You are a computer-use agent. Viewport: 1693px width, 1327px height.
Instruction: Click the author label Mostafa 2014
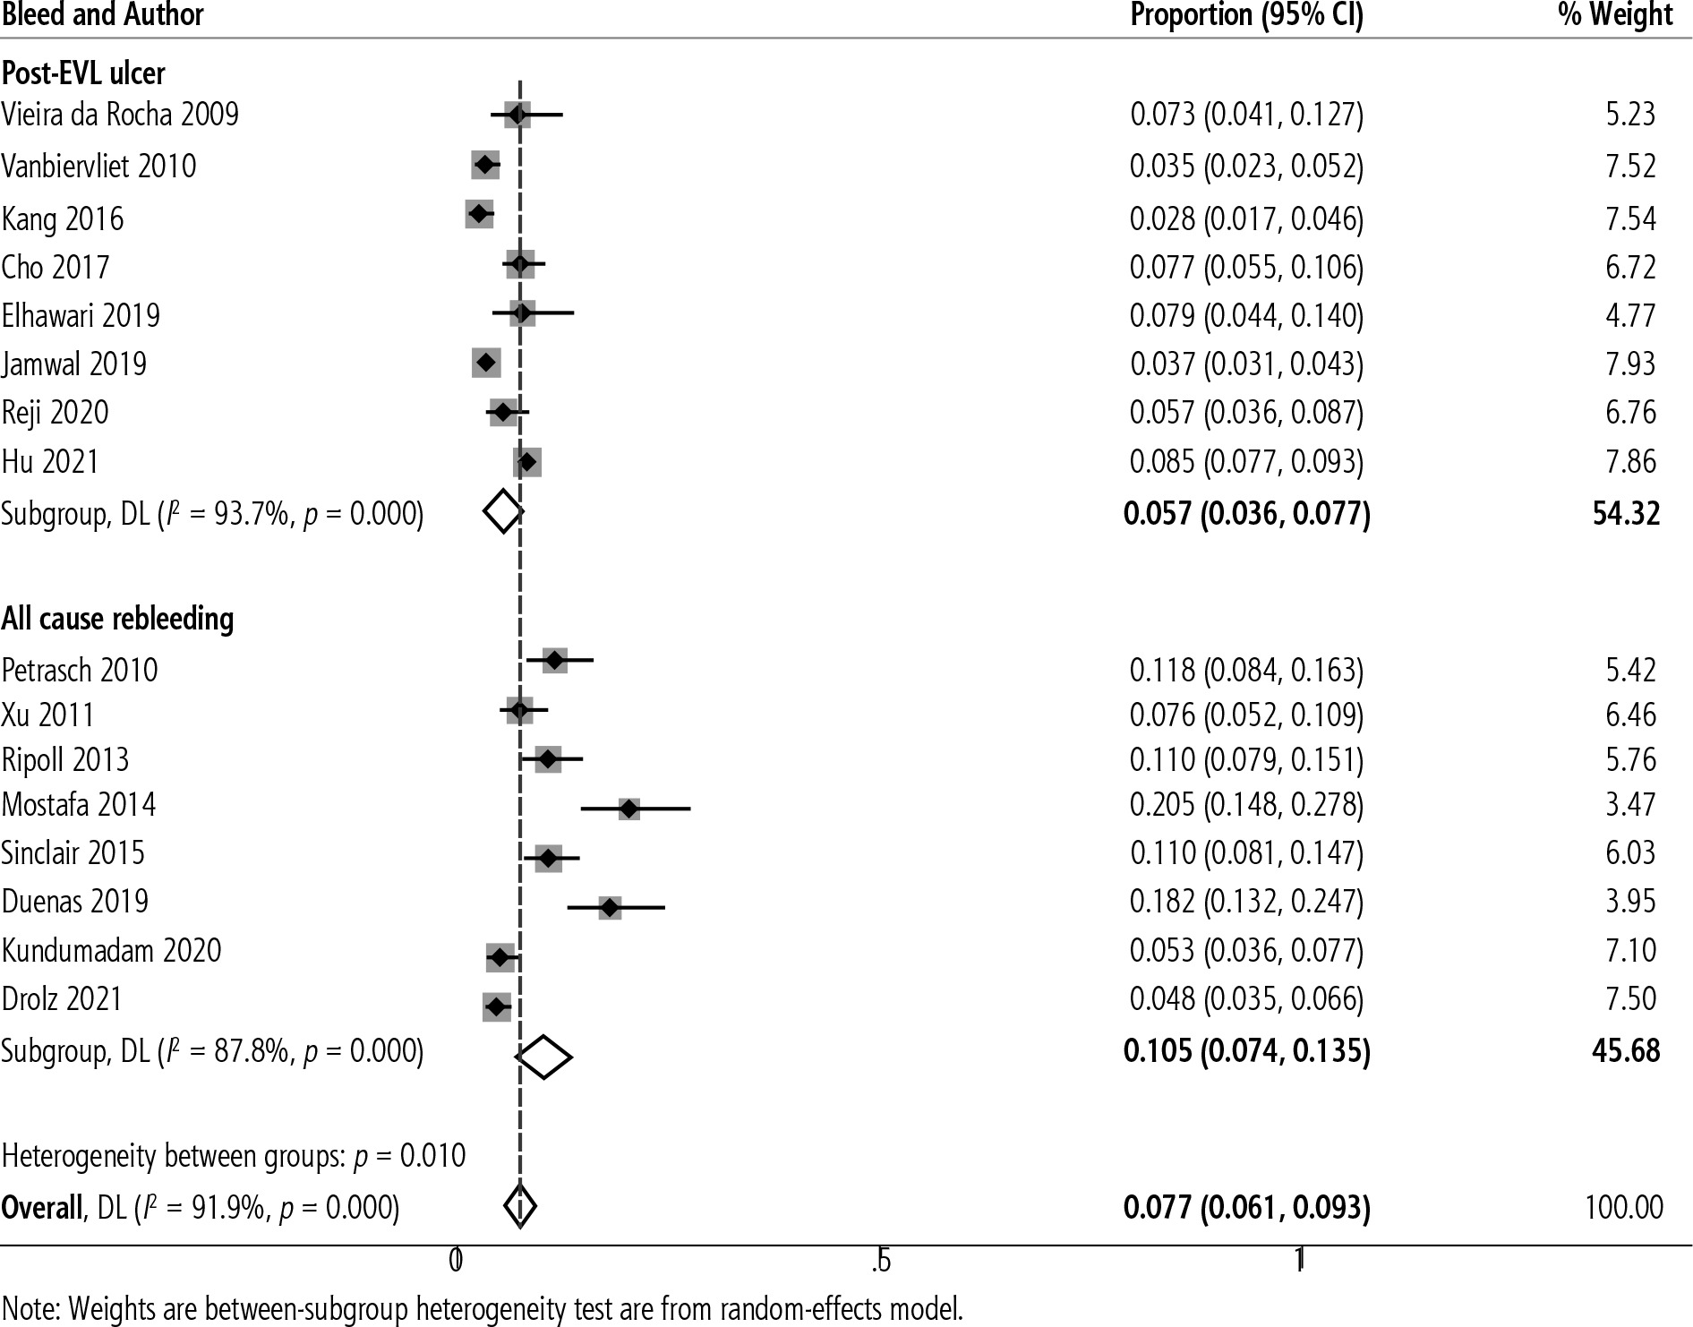(79, 804)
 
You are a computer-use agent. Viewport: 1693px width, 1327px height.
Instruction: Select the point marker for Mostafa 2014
(629, 809)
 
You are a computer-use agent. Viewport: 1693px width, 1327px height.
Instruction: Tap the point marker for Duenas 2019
(610, 907)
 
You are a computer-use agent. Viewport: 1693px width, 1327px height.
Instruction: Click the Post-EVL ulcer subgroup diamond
(502, 511)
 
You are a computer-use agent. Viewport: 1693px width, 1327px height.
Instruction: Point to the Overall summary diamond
(520, 1206)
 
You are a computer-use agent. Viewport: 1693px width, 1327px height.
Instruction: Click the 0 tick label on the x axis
(455, 1261)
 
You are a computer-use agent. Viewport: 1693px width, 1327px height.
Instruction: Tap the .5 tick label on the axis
(881, 1261)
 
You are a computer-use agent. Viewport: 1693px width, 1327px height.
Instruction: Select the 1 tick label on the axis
(1300, 1261)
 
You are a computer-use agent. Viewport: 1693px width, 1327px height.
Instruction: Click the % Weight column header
(1615, 15)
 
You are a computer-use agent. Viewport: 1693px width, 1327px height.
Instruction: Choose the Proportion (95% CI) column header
(1246, 15)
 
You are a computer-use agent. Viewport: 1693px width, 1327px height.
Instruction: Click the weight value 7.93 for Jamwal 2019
(1630, 364)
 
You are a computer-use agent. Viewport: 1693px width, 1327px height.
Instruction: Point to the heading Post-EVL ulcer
(83, 73)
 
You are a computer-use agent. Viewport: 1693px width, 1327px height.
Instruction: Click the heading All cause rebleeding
(117, 619)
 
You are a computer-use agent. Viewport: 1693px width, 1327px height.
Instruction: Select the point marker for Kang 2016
(479, 214)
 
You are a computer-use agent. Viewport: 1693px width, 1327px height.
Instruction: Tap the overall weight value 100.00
(1624, 1207)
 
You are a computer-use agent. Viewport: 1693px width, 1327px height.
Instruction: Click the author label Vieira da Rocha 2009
(120, 115)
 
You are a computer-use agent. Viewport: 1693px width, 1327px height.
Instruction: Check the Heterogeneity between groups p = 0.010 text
(234, 1155)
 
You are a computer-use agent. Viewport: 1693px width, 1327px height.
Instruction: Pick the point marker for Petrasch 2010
(555, 661)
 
